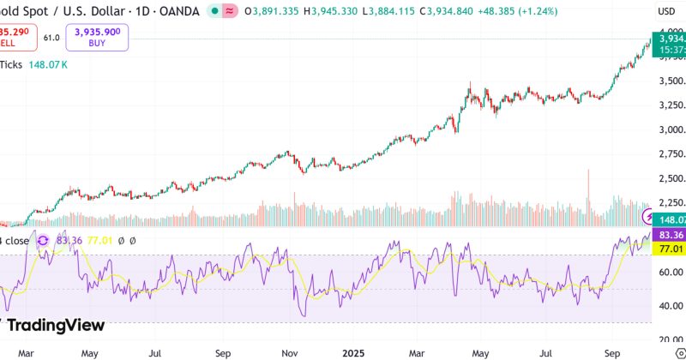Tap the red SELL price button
[15, 37]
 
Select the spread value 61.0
[52, 38]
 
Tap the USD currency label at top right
[666, 12]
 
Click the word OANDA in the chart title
[180, 12]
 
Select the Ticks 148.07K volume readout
[34, 63]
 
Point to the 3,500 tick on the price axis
[670, 81]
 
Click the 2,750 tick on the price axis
[670, 154]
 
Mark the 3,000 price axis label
[670, 130]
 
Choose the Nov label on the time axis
[289, 352]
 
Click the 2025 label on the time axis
[354, 352]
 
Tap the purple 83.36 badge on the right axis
[668, 235]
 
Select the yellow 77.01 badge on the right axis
[668, 249]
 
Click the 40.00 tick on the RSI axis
[670, 306]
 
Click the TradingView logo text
[57, 326]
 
